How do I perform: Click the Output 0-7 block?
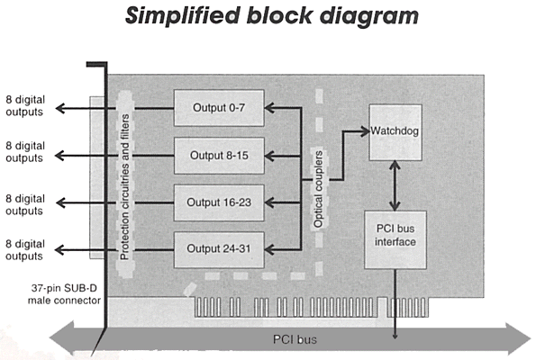point(219,108)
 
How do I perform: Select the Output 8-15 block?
point(219,156)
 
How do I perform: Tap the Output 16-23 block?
point(219,202)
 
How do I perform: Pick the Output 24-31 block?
point(219,249)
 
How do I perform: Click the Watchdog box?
point(395,132)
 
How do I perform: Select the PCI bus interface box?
point(395,239)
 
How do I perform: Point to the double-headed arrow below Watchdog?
point(395,185)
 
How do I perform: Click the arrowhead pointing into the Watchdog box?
point(365,131)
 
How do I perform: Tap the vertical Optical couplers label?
point(318,189)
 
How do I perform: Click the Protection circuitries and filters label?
point(124,186)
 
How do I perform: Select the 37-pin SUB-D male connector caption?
point(64,294)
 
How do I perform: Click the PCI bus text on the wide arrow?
point(295,339)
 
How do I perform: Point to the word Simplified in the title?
point(182,15)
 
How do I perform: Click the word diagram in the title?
point(369,16)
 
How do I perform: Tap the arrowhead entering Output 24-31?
point(269,249)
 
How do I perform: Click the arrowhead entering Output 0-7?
point(269,108)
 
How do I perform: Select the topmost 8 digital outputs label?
point(25,106)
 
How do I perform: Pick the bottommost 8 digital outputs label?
point(25,250)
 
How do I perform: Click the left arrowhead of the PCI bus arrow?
point(62,338)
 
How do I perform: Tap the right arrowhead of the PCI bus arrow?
point(518,338)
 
